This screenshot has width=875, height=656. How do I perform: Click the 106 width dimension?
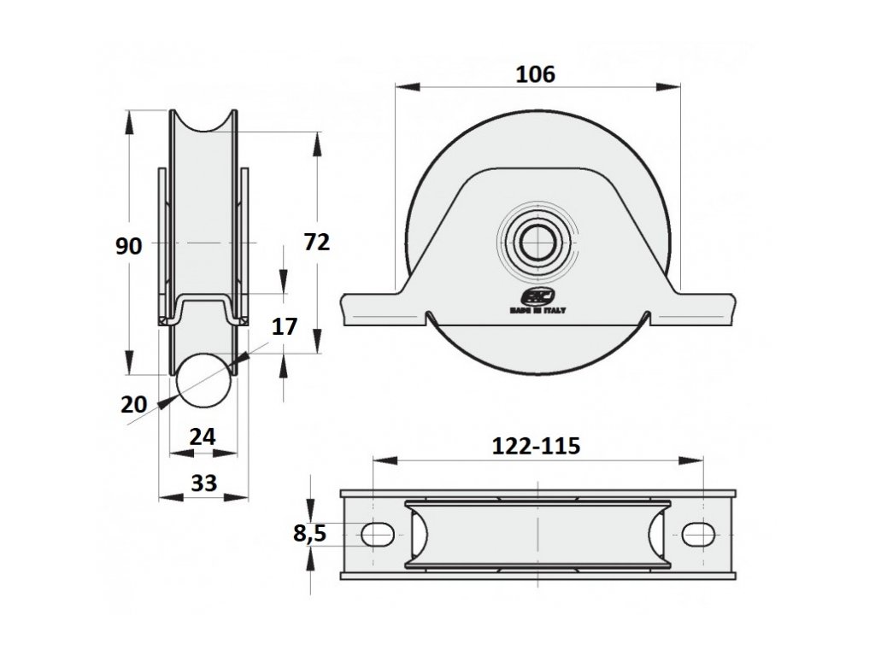tap(536, 74)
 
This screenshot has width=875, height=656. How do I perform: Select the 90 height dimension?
tap(128, 247)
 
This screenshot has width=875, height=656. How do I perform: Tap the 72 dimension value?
tap(316, 243)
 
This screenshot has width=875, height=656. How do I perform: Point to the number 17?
tap(285, 325)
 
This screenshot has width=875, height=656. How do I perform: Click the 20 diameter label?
tap(133, 404)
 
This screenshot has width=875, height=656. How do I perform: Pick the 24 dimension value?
tap(202, 436)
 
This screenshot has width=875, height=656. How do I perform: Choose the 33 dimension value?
tap(203, 483)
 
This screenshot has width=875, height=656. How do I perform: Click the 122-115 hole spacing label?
tap(536, 445)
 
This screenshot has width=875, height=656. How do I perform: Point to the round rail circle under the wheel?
tap(203, 382)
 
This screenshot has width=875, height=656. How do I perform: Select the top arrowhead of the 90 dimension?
tap(129, 120)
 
